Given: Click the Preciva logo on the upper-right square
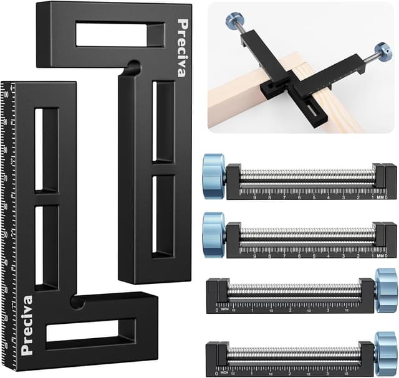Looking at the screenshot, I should point(181,48).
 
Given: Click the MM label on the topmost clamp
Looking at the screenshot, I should point(380,197).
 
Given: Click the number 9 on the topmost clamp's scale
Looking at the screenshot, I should point(255,197).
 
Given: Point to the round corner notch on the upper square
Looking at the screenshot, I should point(132,65).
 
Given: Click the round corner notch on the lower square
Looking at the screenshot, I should point(78,302).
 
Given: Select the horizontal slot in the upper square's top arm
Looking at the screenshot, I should point(119,35).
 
